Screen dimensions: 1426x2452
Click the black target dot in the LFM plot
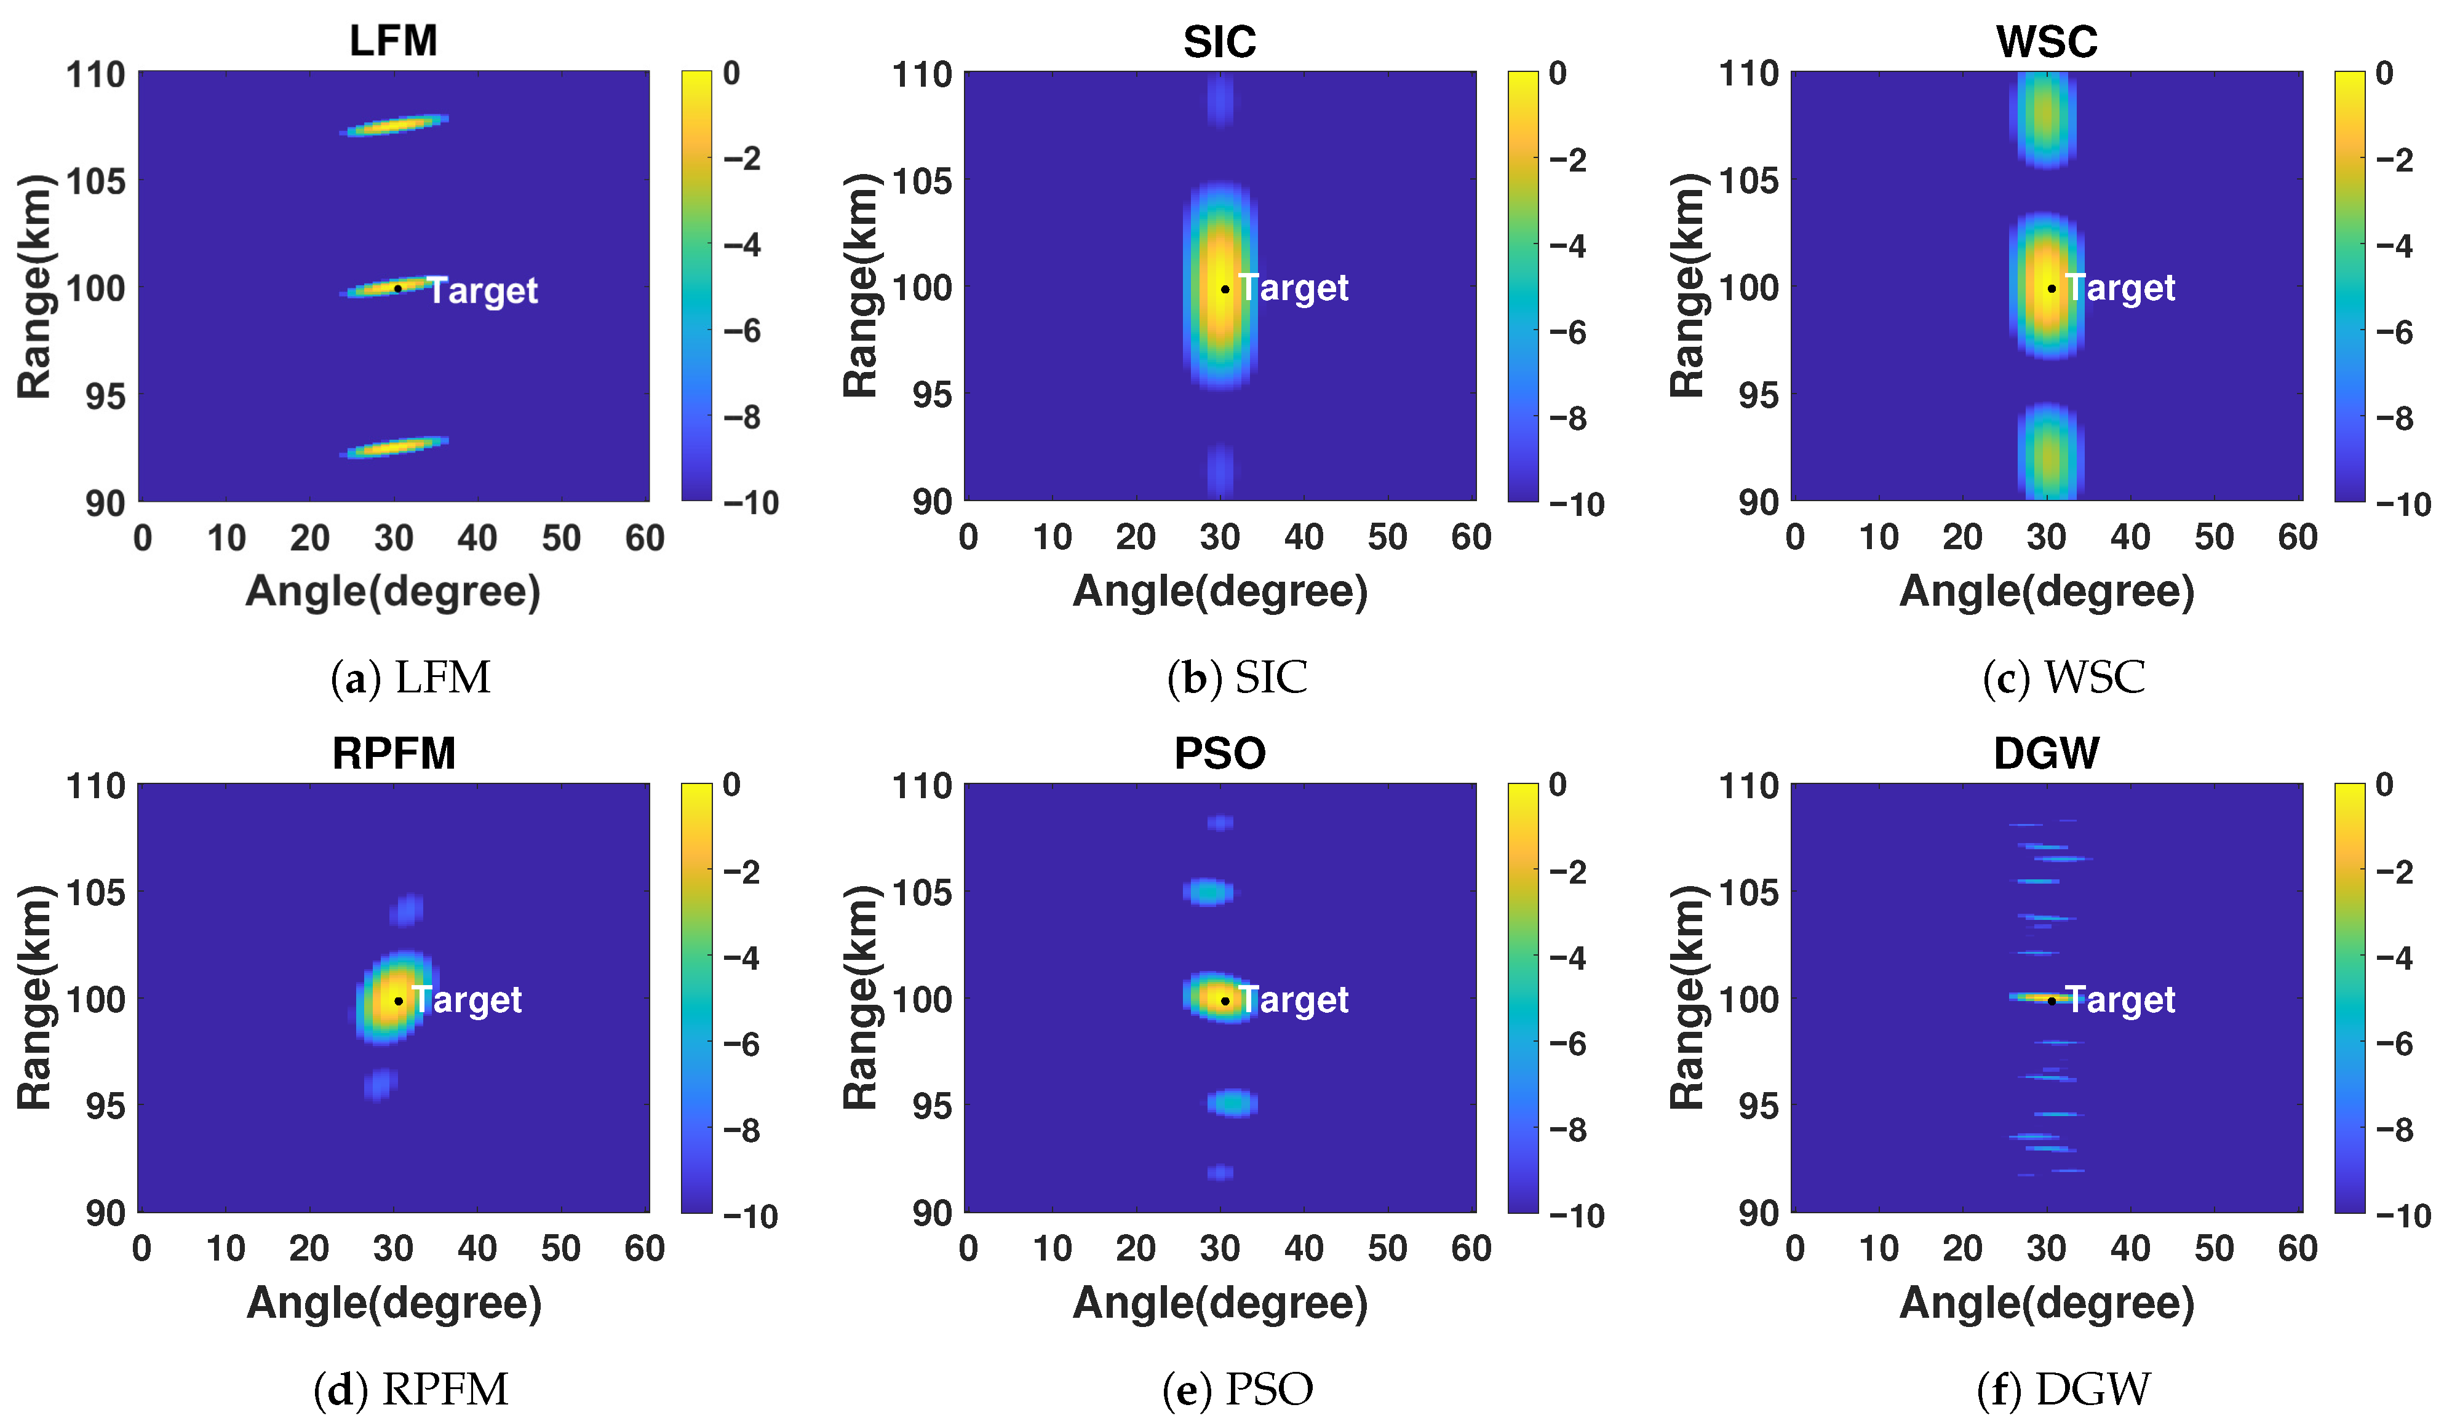point(397,288)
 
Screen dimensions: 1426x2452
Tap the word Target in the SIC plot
point(1293,288)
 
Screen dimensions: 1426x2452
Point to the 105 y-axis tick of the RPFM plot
point(95,891)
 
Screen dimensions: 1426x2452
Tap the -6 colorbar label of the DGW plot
point(2395,1044)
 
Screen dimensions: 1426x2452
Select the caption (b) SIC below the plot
point(1236,678)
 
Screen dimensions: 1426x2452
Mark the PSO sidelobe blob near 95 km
point(1233,1103)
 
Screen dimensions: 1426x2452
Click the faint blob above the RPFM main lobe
point(406,909)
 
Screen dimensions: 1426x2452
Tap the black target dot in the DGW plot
point(2051,1000)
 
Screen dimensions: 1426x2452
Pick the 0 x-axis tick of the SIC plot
point(968,537)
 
